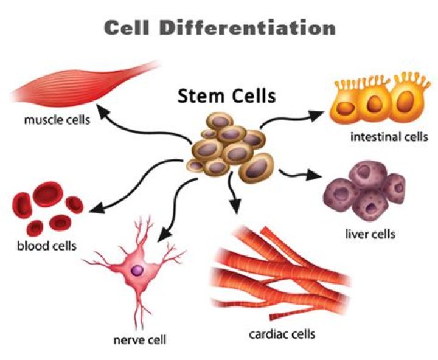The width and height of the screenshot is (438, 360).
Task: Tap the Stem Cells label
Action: [226, 95]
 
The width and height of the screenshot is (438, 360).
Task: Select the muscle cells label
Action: [57, 119]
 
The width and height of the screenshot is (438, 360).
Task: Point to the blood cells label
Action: [47, 246]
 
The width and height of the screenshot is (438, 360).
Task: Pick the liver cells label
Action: [370, 234]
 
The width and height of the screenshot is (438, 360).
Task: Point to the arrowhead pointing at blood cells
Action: [95, 210]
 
